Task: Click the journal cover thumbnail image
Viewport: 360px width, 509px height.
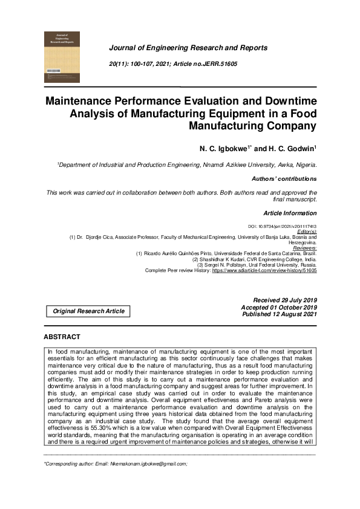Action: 62,57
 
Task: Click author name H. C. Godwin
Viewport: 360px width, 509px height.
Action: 290,148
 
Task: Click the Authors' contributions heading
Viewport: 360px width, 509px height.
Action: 284,179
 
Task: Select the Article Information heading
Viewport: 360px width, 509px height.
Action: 290,213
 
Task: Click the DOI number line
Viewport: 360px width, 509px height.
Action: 283,225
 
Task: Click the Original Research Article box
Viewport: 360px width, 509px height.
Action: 88,311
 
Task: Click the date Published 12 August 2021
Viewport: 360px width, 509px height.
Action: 279,314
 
